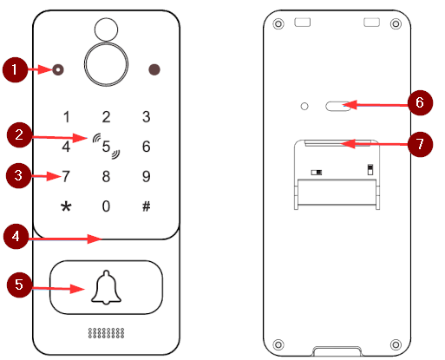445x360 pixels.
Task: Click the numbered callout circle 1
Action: [15, 69]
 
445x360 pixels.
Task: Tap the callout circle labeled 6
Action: [420, 102]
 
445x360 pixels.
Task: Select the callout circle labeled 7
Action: [420, 144]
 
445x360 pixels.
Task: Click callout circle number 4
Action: [16, 236]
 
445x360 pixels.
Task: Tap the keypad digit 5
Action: [106, 147]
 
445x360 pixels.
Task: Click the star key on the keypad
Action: [66, 206]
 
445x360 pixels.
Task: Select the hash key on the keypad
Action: [147, 206]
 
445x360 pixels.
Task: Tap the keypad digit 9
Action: [147, 176]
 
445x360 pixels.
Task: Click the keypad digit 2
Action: [106, 117]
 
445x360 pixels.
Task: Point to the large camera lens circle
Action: [106, 64]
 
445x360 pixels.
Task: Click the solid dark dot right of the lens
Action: [154, 69]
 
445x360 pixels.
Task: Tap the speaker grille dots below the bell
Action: [106, 333]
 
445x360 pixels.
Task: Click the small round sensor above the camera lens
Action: [106, 29]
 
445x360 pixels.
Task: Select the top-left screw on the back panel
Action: [278, 23]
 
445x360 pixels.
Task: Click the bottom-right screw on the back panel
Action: [396, 344]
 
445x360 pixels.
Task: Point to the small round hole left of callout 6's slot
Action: [304, 106]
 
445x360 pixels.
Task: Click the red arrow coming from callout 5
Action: [58, 288]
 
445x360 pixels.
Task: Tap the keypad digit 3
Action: [147, 117]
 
